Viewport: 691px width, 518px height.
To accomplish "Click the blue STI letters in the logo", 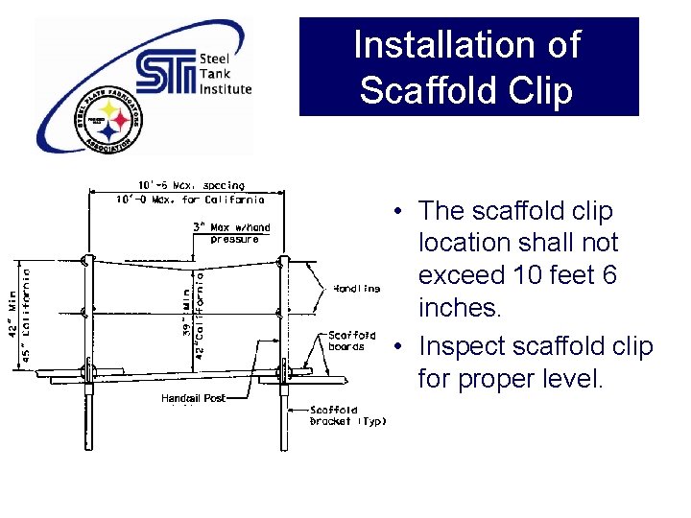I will [x=165, y=73].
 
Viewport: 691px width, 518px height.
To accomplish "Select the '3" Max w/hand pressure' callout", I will [x=233, y=233].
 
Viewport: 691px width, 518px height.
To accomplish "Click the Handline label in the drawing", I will [x=356, y=288].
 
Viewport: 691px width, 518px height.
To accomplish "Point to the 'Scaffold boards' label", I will [x=352, y=341].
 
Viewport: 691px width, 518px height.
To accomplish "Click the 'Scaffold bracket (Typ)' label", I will [x=347, y=415].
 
